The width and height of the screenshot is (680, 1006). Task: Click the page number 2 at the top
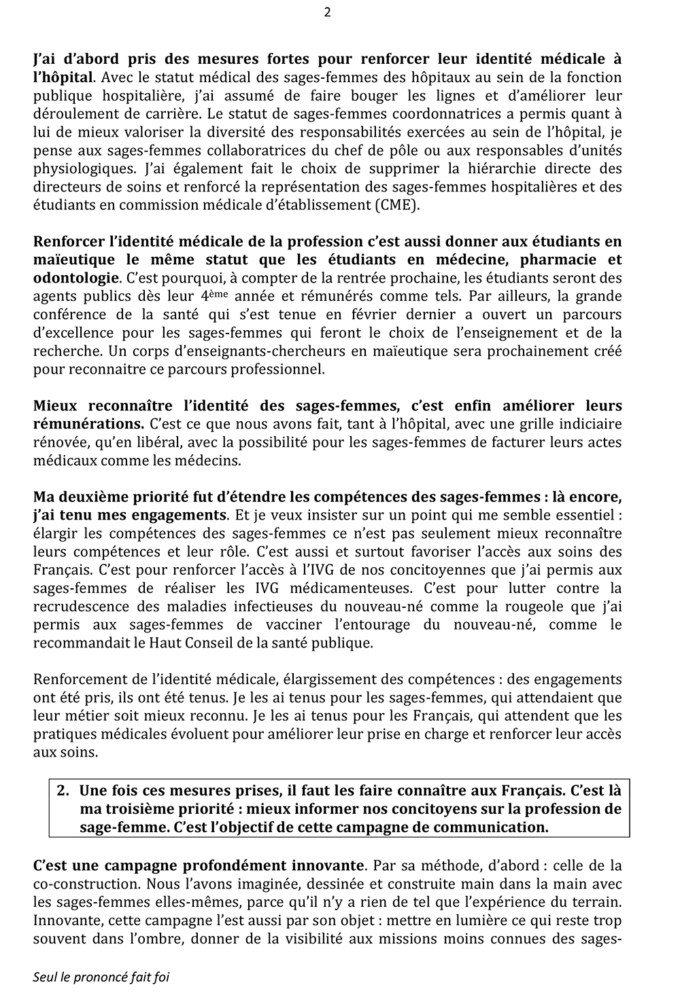coord(328,12)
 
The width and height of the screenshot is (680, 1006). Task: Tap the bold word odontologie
coord(75,277)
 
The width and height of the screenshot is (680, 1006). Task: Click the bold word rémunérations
coord(87,424)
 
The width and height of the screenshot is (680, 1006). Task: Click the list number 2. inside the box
coord(64,791)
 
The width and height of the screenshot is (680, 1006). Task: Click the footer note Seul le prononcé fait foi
coord(101,977)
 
